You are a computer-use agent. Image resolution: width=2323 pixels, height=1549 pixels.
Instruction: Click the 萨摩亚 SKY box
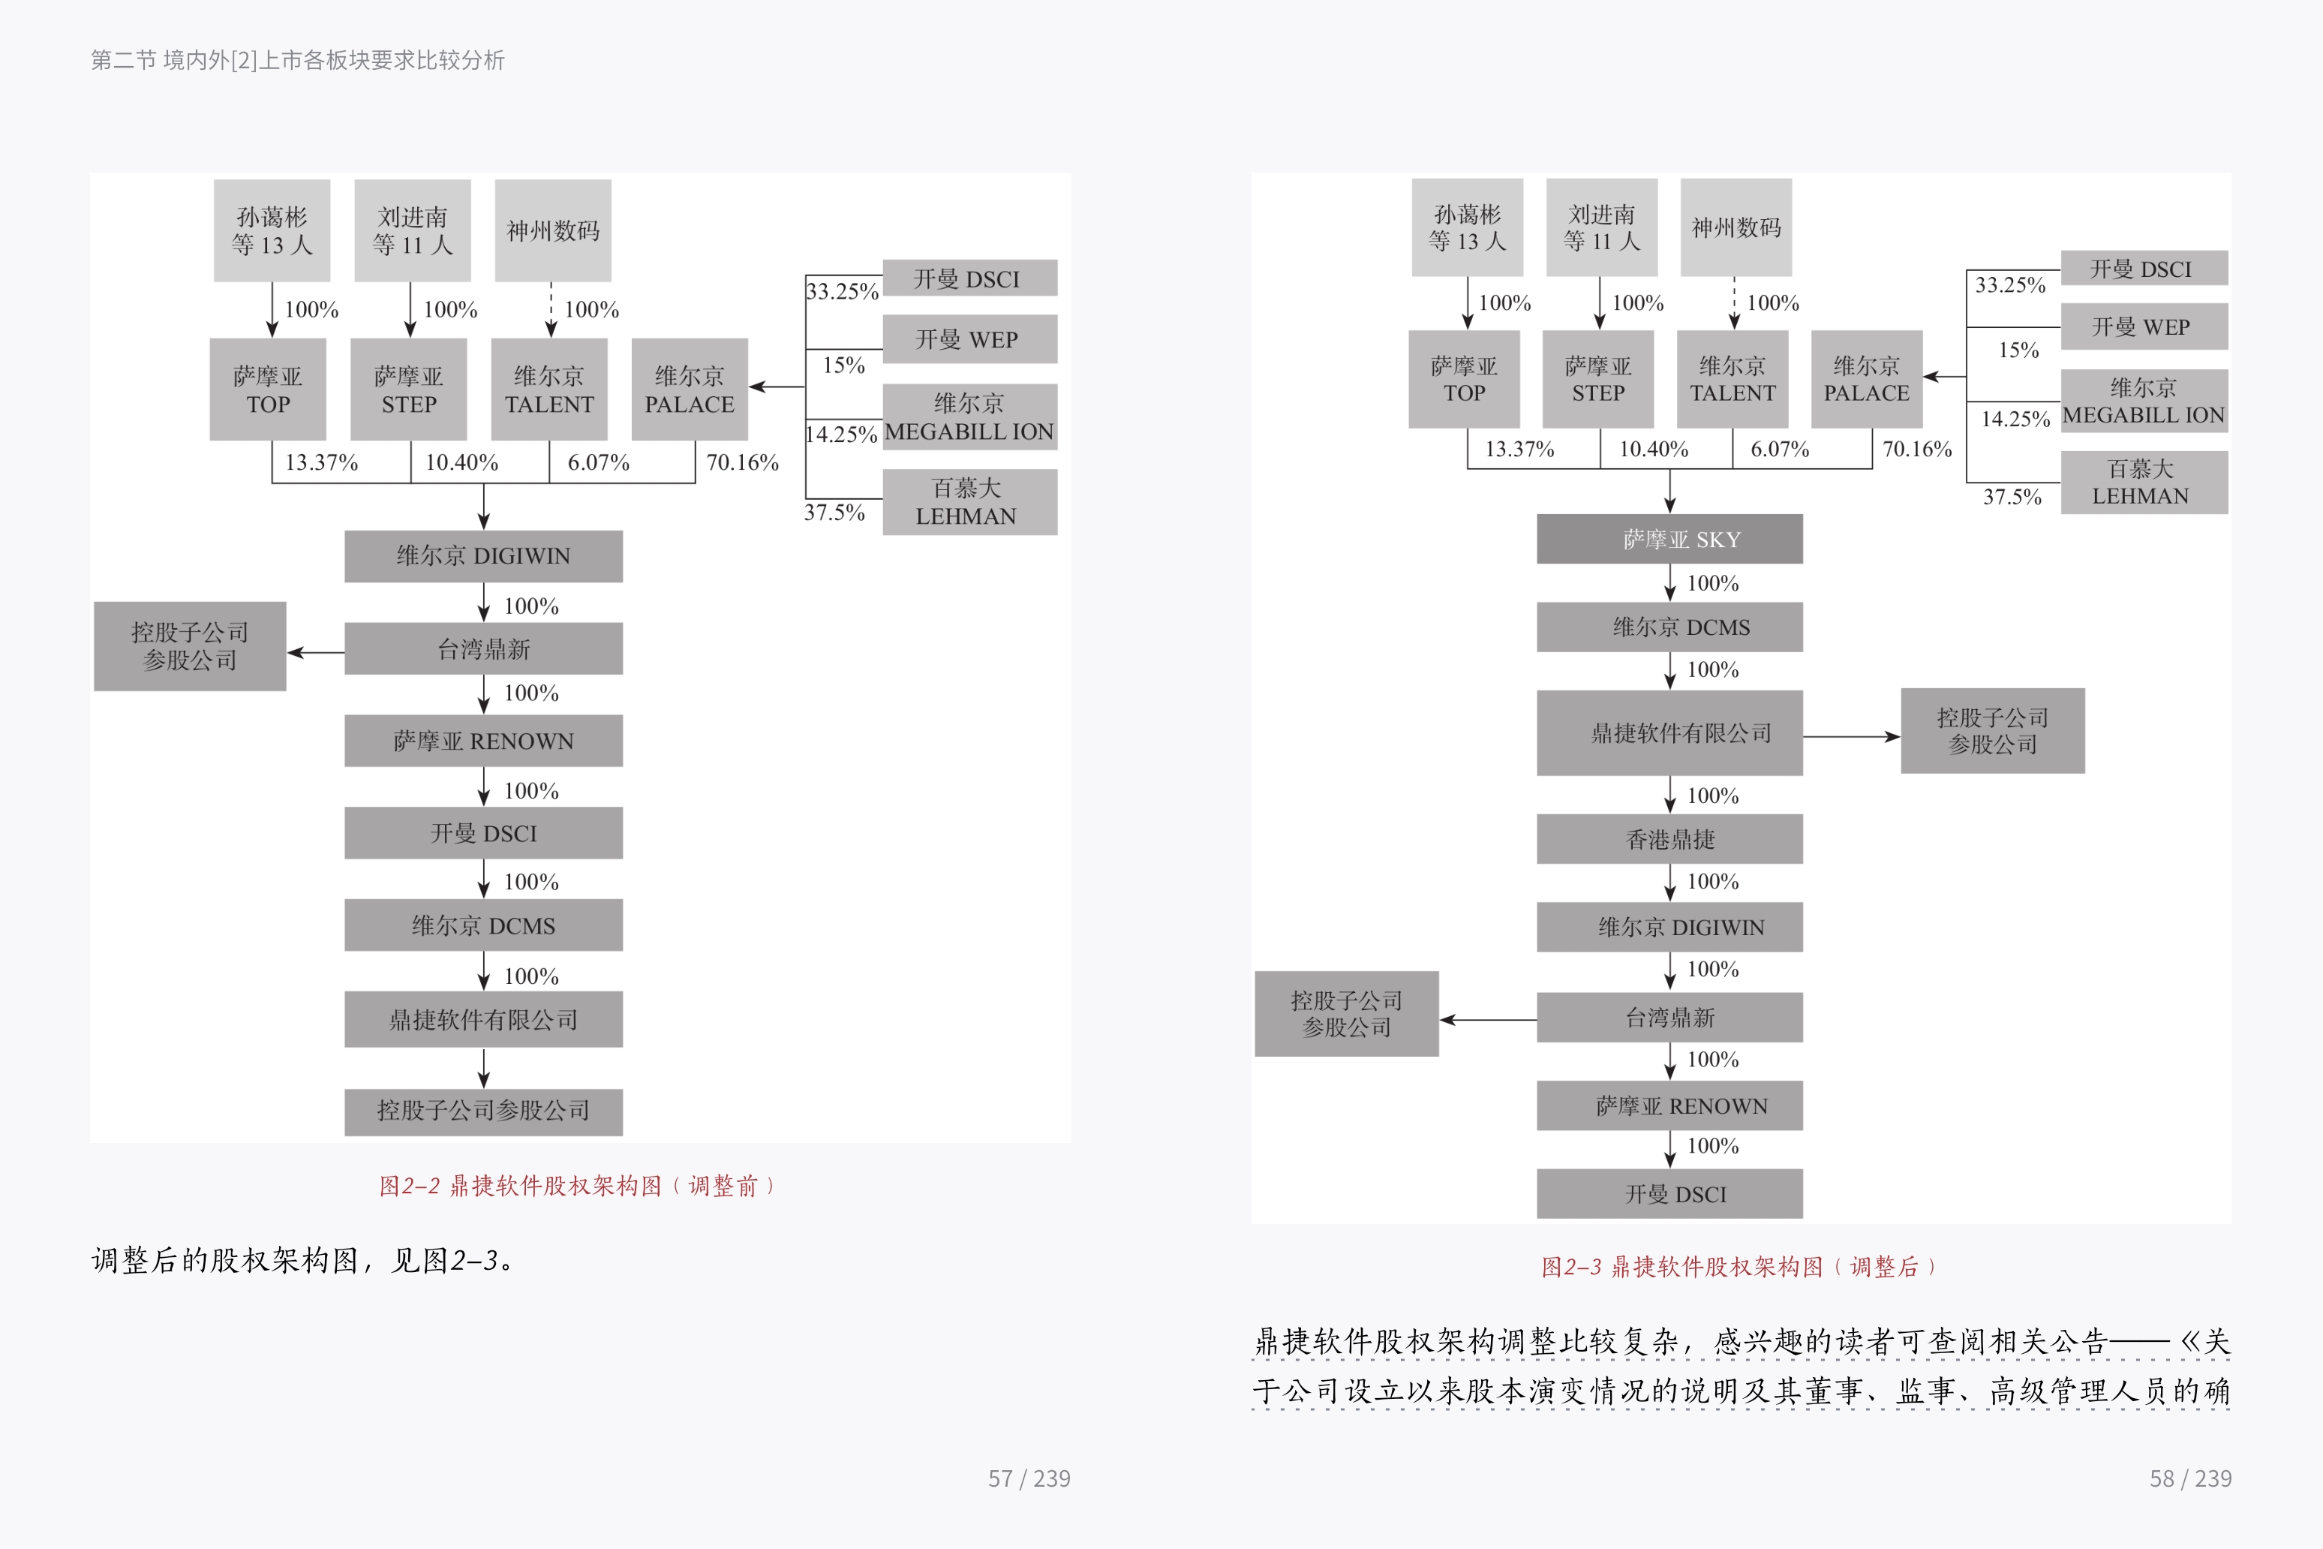(1669, 540)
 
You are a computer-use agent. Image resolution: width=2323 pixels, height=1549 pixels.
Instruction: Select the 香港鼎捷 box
(1669, 840)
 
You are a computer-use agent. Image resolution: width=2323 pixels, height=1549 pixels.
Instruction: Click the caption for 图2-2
(578, 1186)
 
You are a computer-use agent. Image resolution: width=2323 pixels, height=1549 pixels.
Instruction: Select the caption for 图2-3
(1738, 1267)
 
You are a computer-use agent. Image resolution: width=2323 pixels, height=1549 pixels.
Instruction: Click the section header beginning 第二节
(297, 60)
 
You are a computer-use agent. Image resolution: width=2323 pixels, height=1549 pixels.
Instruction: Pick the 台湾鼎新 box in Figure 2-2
(483, 649)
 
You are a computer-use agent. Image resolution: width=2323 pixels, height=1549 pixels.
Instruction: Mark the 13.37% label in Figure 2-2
(321, 462)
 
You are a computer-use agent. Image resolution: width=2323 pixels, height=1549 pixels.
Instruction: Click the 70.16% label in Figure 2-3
(1917, 450)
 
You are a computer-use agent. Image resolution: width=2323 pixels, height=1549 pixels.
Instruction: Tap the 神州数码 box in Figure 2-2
(552, 231)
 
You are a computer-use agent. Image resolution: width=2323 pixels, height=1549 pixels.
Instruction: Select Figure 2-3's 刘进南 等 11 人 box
(1601, 228)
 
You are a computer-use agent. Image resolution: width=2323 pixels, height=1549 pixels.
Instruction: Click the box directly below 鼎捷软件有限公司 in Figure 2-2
(483, 1111)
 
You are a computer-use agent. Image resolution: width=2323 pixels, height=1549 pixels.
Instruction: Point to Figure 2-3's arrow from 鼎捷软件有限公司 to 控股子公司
(1851, 736)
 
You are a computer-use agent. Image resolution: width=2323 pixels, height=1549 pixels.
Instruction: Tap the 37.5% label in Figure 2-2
(834, 513)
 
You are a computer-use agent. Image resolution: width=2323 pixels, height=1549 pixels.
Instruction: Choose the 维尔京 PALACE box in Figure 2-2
(690, 390)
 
